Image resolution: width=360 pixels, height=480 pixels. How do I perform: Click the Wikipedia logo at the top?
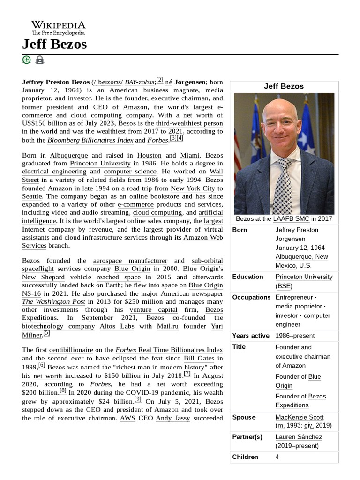(58, 28)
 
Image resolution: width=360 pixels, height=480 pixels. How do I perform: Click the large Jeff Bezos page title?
(54, 44)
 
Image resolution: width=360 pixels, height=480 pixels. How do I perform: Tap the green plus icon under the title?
(27, 60)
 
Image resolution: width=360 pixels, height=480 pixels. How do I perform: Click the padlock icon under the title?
(40, 60)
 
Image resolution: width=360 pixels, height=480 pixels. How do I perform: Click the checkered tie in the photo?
(284, 187)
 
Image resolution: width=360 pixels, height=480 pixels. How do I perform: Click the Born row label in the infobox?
(240, 230)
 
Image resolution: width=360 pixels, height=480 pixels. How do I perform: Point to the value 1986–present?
(295, 336)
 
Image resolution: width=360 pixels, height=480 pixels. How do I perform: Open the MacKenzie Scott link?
(300, 417)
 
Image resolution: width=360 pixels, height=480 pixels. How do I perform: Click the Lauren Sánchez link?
(299, 436)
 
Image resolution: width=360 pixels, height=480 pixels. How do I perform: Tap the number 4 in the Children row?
(277, 457)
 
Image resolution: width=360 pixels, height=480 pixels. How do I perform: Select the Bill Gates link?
(199, 359)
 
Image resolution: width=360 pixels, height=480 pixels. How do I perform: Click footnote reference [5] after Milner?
(46, 333)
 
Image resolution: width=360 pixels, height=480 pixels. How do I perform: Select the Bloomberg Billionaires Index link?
(90, 140)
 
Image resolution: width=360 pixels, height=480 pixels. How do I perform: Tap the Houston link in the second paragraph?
(149, 155)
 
